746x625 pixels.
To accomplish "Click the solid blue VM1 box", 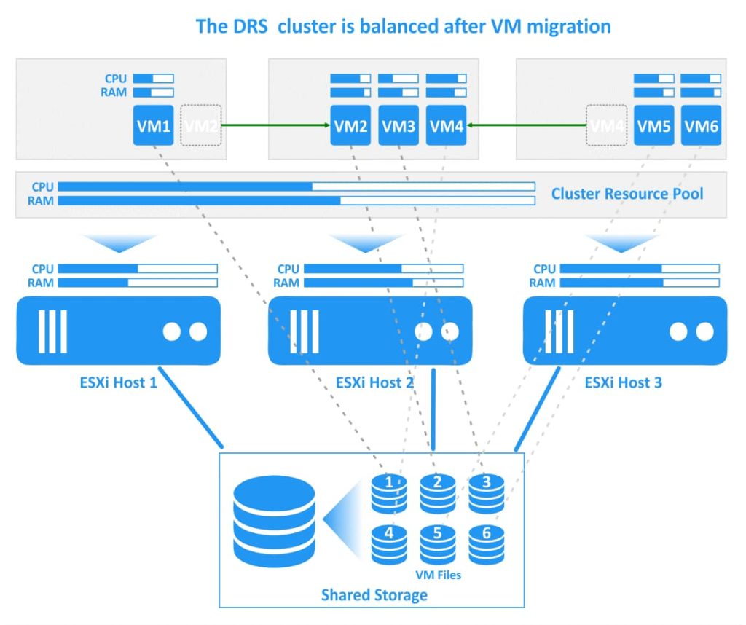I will pyautogui.click(x=153, y=125).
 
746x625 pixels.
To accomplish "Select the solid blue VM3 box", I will pyautogui.click(x=398, y=125).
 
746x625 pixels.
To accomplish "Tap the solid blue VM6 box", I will pyautogui.click(x=702, y=125).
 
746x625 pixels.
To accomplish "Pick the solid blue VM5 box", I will pyautogui.click(x=653, y=125).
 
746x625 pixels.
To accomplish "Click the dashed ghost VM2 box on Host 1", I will pyautogui.click(x=201, y=125).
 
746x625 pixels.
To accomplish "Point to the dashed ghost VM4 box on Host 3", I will pyautogui.click(x=607, y=125).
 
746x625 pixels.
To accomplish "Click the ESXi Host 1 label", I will pyautogui.click(x=118, y=382).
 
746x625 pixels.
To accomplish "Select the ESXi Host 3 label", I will pyautogui.click(x=623, y=382).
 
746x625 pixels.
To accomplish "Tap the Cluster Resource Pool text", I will pyautogui.click(x=627, y=194).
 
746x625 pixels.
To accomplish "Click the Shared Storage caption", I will pyautogui.click(x=374, y=595).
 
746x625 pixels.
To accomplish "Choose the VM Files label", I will pyautogui.click(x=438, y=575).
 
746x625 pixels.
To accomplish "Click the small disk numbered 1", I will pyautogui.click(x=389, y=493).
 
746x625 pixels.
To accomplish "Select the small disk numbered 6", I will pyautogui.click(x=486, y=543).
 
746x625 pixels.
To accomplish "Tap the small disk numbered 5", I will pyautogui.click(x=437, y=543).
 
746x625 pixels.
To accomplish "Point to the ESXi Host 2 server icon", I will pyautogui.click(x=369, y=331).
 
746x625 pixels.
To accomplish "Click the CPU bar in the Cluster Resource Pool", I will pyautogui.click(x=296, y=186).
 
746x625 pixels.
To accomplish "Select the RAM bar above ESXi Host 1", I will pyautogui.click(x=137, y=283).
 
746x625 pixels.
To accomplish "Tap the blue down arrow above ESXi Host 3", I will pyautogui.click(x=622, y=243).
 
